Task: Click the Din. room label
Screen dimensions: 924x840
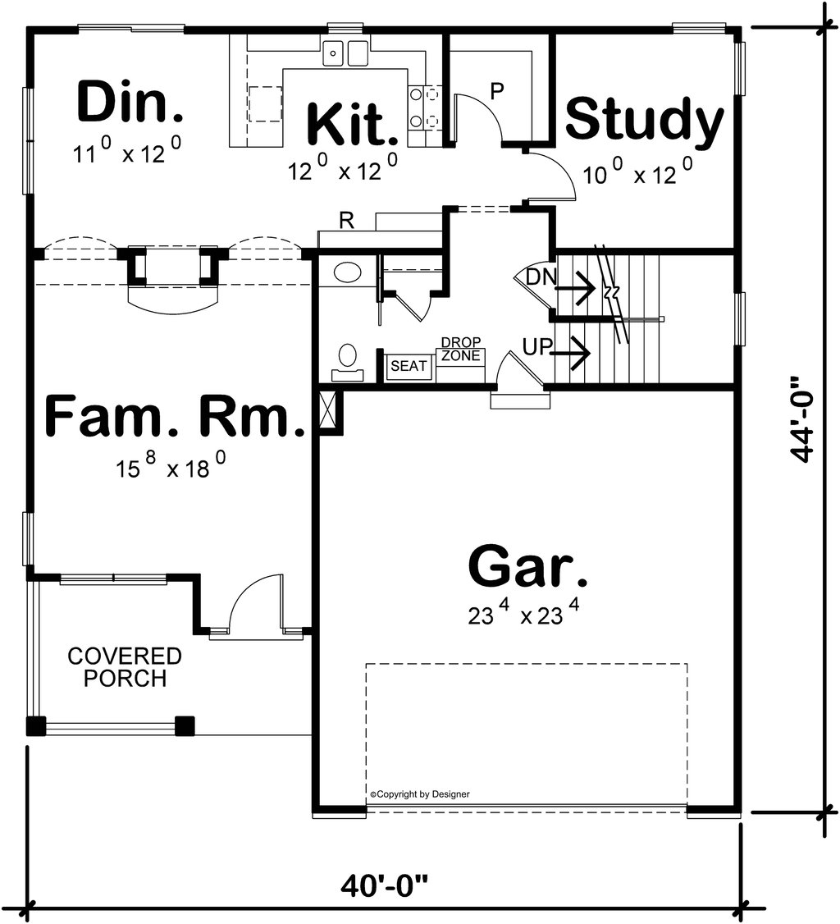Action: click(x=130, y=102)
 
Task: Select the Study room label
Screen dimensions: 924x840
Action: click(x=645, y=120)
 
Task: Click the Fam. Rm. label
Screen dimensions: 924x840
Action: click(x=175, y=417)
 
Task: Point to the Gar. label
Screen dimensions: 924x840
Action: click(x=527, y=566)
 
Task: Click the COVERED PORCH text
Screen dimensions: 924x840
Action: click(x=125, y=668)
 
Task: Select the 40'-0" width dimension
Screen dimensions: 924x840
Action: click(x=385, y=885)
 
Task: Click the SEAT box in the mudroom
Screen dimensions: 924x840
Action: click(x=409, y=366)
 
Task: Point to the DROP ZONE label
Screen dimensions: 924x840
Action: click(x=460, y=349)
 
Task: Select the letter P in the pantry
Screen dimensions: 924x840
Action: click(x=495, y=91)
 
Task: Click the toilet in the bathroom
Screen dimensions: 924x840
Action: click(x=348, y=360)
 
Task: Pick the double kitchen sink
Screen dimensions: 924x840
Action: click(x=345, y=53)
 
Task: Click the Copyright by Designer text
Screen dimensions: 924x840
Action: click(x=420, y=794)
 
